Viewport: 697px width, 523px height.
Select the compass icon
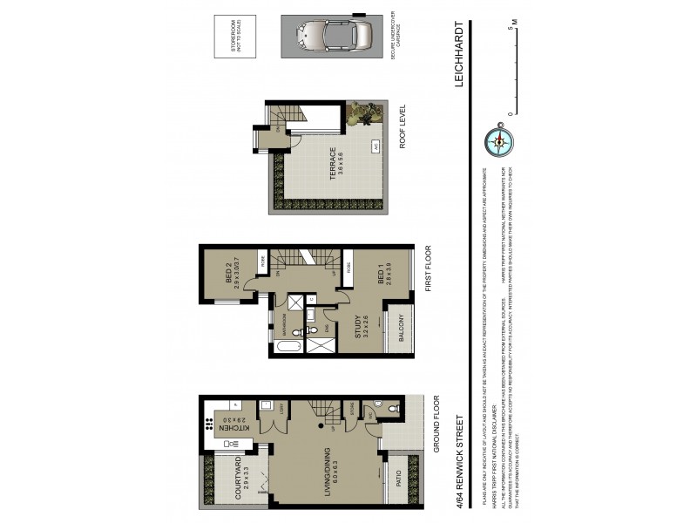[500, 140]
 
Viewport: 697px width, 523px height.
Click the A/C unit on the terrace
[376, 146]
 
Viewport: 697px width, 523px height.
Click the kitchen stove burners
[210, 426]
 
